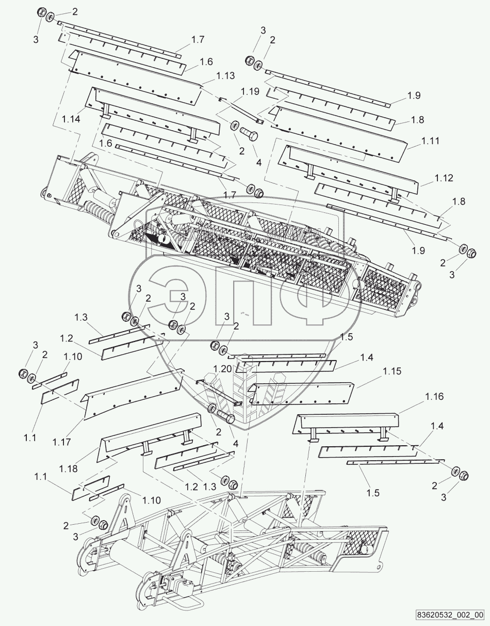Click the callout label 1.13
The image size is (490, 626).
[x=225, y=76]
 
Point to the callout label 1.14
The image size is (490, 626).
[x=71, y=119]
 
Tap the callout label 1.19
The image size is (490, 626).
[x=250, y=91]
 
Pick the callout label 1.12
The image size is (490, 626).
[x=444, y=178]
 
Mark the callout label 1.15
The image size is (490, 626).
[x=392, y=371]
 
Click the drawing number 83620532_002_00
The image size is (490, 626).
[x=451, y=615]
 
